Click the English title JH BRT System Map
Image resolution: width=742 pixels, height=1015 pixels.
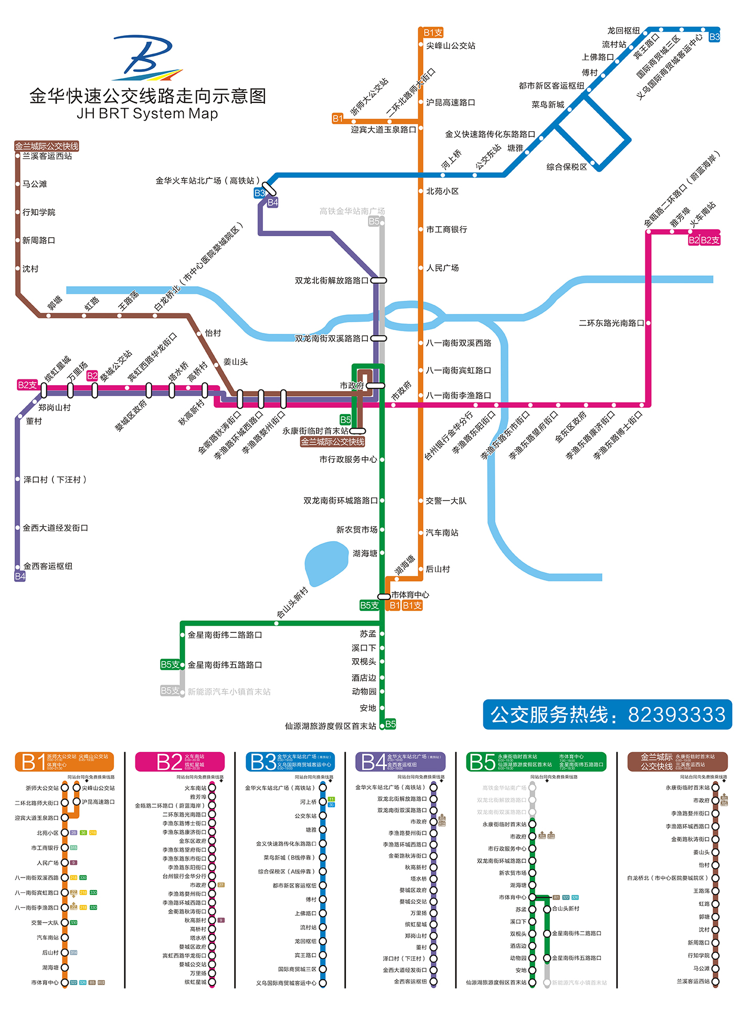[147, 113]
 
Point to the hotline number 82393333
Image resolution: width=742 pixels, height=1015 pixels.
[676, 715]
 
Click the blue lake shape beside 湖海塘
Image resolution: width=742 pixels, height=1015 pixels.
[326, 563]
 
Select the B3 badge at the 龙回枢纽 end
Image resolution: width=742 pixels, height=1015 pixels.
[714, 37]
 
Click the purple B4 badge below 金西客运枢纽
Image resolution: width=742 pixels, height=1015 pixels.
[20, 576]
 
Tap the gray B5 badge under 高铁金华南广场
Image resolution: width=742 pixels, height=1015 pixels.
[374, 221]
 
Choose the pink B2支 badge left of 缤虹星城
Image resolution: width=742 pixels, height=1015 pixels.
[27, 385]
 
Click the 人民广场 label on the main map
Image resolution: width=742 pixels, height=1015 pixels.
[442, 268]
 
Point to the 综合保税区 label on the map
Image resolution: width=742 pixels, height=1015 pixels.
[567, 167]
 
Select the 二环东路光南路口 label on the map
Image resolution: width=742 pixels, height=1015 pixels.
[611, 323]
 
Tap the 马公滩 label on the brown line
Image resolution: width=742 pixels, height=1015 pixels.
[35, 184]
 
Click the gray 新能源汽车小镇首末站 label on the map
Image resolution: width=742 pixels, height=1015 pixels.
[229, 692]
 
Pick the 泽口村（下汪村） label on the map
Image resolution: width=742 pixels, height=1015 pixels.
[55, 480]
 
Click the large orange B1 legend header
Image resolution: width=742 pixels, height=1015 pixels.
[64, 762]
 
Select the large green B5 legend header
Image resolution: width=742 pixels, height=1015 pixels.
[536, 762]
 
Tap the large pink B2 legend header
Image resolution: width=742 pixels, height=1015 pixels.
[179, 762]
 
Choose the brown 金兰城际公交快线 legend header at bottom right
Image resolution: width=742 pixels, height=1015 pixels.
[677, 762]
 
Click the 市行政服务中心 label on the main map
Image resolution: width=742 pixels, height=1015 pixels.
[348, 460]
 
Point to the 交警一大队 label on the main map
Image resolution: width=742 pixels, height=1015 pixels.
[446, 501]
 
